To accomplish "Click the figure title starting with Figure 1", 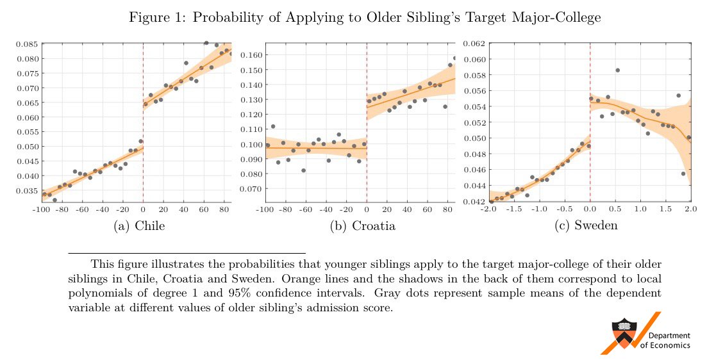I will coord(365,18).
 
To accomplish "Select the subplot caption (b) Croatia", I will coord(362,225).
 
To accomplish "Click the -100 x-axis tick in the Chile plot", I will coord(41,209).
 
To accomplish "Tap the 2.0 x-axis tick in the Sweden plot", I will coord(690,209).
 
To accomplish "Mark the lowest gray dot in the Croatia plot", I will coord(303,170).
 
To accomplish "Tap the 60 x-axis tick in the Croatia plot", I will coord(428,209).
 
